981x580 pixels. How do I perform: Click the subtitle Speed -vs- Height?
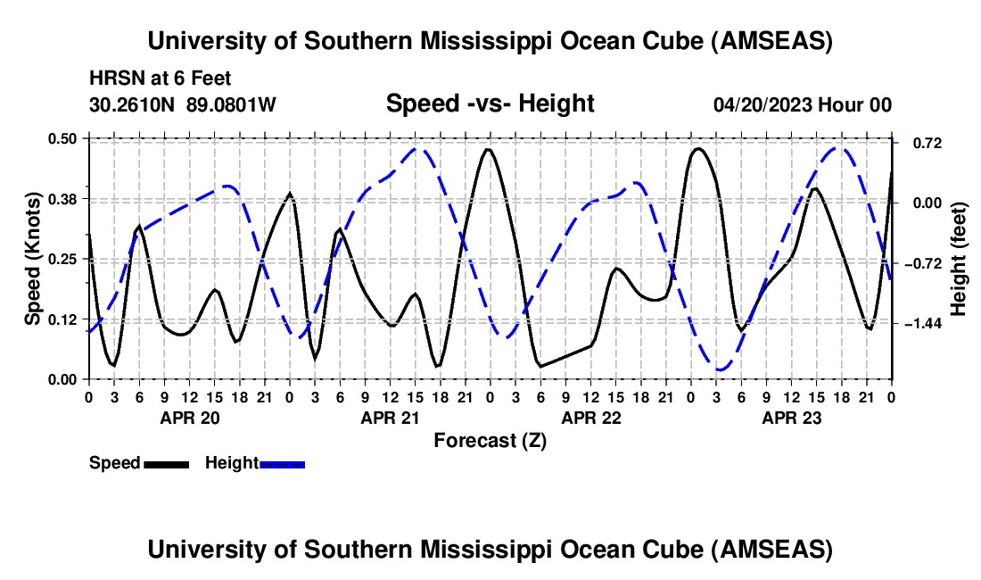[490, 104]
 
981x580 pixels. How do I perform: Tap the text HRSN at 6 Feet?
[161, 79]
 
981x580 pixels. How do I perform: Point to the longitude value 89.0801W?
[231, 104]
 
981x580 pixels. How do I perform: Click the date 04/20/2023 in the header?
[763, 104]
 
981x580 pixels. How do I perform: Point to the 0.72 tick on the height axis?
[925, 143]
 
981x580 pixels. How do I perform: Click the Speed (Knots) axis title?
[33, 259]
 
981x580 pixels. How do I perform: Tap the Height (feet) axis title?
[959, 259]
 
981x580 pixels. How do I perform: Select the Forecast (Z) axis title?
[490, 440]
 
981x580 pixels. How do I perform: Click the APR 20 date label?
[188, 418]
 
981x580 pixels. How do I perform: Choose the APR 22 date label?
[590, 418]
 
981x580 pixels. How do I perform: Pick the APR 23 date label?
[791, 418]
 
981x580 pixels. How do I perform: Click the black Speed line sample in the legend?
[167, 463]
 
